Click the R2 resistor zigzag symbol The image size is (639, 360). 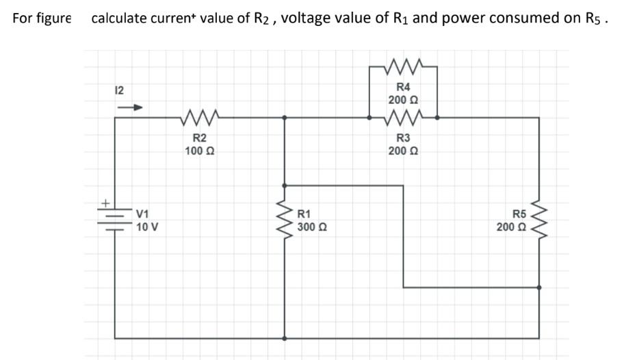coord(200,117)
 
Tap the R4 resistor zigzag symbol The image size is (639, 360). coord(403,67)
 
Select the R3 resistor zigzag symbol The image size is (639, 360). coord(403,117)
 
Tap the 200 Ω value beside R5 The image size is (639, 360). coord(512,227)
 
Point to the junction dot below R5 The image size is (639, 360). coord(540,287)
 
